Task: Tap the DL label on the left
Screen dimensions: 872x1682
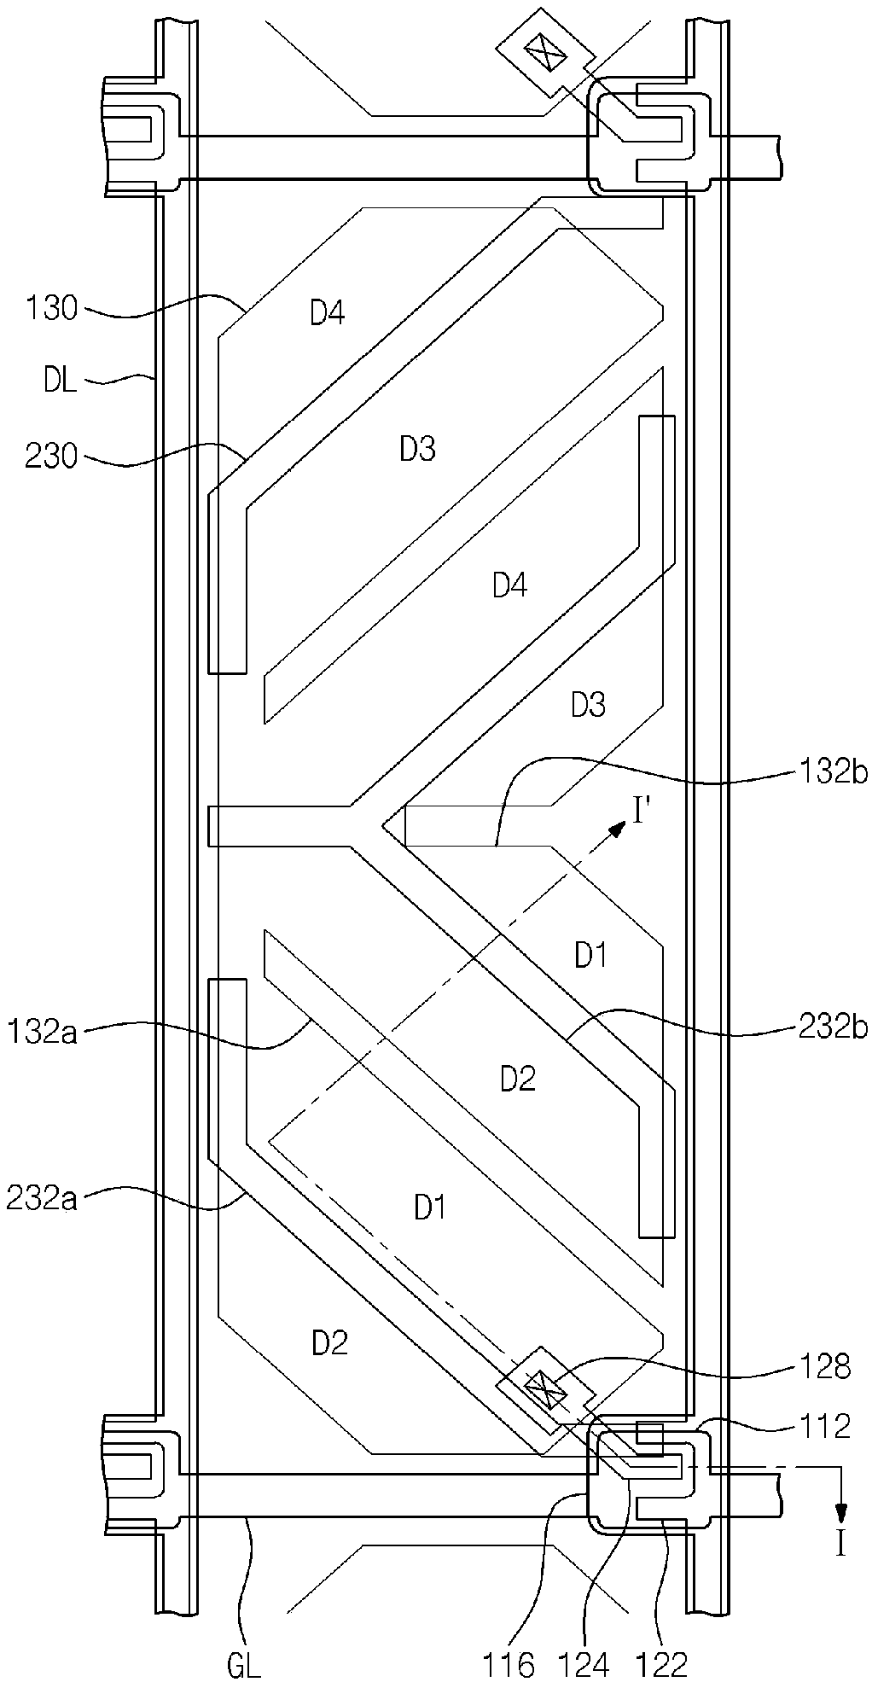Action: coord(60,381)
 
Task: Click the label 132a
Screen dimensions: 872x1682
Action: coord(41,1033)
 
